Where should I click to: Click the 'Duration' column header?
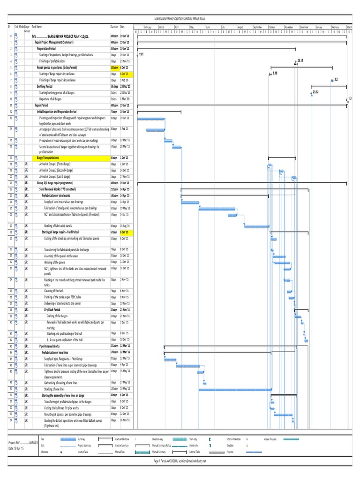click(114, 27)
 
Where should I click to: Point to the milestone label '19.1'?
click(141, 55)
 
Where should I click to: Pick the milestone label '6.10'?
click(275, 74)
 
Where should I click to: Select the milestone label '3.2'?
click(336, 80)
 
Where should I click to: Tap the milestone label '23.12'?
click(315, 92)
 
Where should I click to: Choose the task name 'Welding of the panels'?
click(55, 262)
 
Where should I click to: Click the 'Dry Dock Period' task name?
click(52, 310)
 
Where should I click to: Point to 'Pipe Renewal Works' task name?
click(49, 345)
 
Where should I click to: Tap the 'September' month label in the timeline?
click(258, 28)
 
